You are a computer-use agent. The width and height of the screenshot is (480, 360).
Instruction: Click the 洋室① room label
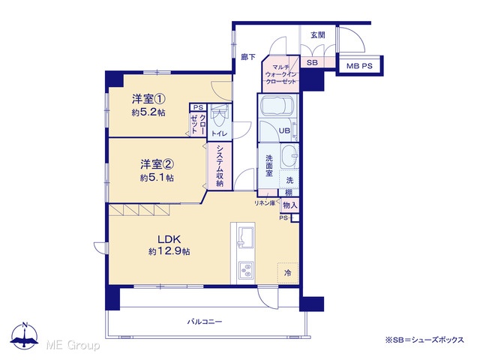click(148, 99)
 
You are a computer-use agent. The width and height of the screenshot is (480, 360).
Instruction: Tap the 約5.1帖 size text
click(157, 178)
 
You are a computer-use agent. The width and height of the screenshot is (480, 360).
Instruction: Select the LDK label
click(169, 239)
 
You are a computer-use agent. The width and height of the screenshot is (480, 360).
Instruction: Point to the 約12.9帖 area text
click(169, 251)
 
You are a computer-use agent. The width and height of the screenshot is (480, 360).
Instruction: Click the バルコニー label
click(205, 322)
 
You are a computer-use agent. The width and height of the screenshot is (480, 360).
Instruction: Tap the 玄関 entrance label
click(318, 35)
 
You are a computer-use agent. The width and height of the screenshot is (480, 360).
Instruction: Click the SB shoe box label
click(312, 63)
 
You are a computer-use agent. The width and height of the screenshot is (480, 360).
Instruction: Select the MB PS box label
click(359, 66)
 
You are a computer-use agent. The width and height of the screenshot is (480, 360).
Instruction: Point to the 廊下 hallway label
click(248, 57)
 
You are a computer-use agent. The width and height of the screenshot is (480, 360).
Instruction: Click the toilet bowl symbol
click(219, 117)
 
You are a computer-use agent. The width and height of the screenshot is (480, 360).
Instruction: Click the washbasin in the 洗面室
click(289, 156)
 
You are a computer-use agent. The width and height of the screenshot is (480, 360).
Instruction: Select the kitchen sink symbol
click(245, 237)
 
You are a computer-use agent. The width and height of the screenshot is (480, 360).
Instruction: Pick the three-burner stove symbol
click(246, 270)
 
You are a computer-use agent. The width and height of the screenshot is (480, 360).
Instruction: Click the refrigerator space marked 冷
click(288, 273)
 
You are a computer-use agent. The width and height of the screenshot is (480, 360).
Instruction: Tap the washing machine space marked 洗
click(289, 179)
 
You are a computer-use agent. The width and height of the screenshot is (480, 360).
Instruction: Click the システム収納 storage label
click(220, 166)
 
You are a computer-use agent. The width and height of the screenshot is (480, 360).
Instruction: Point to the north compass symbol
click(25, 335)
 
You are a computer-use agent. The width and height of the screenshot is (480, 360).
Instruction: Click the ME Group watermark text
click(73, 345)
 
